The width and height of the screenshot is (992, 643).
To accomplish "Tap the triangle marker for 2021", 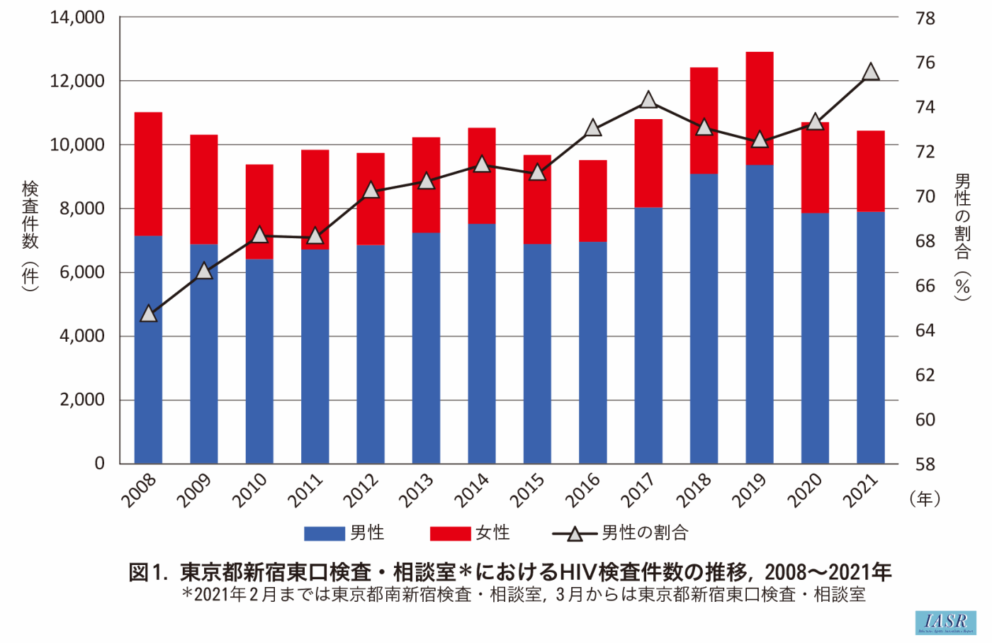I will [871, 72].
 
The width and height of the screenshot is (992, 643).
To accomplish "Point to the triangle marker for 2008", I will [148, 313].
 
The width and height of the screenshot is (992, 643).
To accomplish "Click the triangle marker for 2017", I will [648, 100].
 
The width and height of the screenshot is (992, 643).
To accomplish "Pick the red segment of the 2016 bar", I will [592, 201].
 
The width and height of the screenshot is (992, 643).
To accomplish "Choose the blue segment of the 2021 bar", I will [870, 337].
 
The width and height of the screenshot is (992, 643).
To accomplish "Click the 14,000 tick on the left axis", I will [77, 18].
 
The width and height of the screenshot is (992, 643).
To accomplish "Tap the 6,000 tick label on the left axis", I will [82, 272].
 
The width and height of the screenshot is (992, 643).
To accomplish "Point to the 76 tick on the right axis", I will [925, 62].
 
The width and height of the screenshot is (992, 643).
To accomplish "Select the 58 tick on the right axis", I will [925, 464].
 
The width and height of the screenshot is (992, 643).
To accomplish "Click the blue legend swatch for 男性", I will [325, 533].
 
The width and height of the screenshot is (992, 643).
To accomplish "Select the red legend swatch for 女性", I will [450, 533].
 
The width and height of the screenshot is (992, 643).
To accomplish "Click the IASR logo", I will [946, 622].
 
